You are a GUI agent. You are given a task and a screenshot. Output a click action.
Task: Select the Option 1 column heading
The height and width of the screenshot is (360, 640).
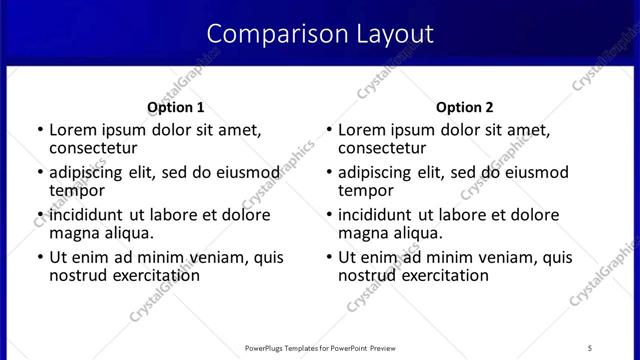point(176,107)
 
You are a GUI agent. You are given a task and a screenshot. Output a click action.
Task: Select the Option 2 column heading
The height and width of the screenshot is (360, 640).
point(465,107)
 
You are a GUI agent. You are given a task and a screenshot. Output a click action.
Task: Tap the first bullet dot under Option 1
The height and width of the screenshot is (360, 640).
point(40,131)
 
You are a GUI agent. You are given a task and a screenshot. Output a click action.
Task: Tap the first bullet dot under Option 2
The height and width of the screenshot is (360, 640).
point(329,131)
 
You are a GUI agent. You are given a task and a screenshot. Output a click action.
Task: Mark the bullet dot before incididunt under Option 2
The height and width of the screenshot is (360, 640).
point(329,216)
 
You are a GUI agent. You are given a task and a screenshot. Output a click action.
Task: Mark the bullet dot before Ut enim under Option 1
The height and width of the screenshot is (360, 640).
point(40,258)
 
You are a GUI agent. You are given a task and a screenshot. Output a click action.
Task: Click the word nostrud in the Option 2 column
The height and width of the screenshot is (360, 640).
point(369,275)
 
